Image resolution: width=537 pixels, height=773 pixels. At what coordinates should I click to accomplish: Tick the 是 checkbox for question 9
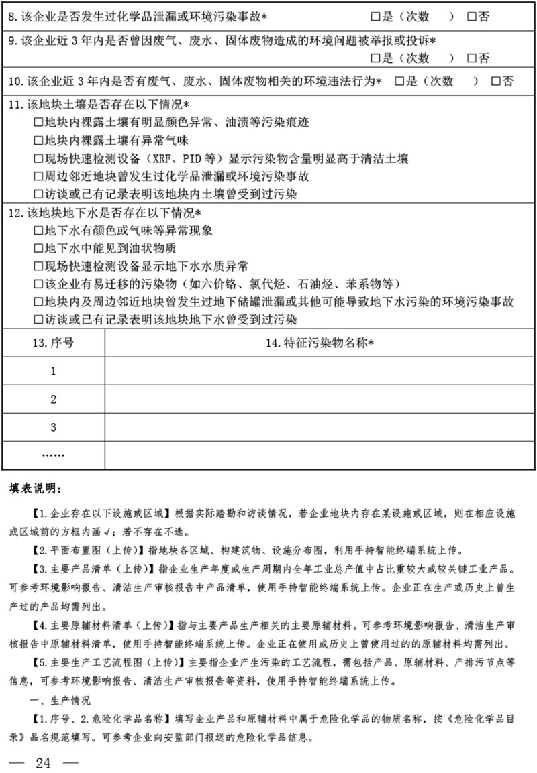pyautogui.click(x=375, y=58)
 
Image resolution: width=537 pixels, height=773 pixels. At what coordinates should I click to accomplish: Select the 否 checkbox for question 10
pyautogui.click(x=495, y=82)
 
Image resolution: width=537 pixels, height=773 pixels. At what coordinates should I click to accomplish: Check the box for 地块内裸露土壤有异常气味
pyautogui.click(x=38, y=141)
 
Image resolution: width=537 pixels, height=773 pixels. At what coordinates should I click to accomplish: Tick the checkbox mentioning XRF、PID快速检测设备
pyautogui.click(x=38, y=159)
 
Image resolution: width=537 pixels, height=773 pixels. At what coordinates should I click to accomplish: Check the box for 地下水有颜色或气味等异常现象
pyautogui.click(x=38, y=231)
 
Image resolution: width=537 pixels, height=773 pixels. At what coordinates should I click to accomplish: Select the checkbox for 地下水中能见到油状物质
pyautogui.click(x=38, y=248)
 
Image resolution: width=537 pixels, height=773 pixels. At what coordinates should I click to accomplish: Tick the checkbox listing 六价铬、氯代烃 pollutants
pyautogui.click(x=38, y=284)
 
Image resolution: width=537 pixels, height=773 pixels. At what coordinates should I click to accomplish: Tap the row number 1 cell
pyautogui.click(x=53, y=371)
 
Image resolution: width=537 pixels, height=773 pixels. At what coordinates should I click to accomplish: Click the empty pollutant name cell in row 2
pyautogui.click(x=320, y=400)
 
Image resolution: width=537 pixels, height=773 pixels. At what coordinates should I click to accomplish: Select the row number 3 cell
pyautogui.click(x=53, y=428)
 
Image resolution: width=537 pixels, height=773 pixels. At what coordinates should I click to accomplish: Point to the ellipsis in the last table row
pyautogui.click(x=53, y=455)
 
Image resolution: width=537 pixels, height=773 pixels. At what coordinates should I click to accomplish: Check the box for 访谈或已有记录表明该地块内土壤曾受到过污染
pyautogui.click(x=38, y=194)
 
